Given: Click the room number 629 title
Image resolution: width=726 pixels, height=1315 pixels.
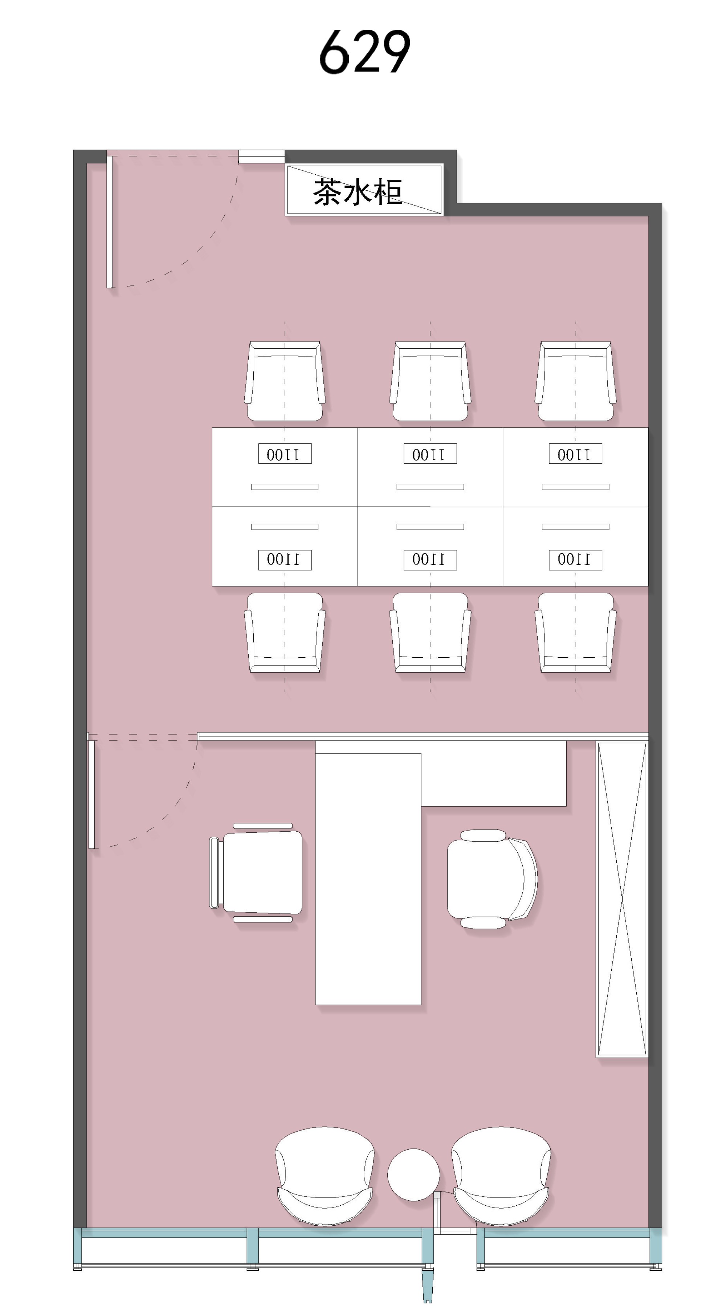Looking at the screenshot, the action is tap(364, 52).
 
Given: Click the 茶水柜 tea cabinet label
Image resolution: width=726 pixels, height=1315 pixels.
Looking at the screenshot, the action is tap(358, 192).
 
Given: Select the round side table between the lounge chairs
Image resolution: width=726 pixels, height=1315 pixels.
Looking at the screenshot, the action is tap(413, 1174).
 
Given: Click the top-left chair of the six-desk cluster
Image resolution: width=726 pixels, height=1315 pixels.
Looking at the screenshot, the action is tap(285, 381).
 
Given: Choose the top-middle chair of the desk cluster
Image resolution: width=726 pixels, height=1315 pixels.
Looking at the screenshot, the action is tap(430, 381).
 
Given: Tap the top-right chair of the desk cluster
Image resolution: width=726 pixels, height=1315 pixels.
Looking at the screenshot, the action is tap(575, 381).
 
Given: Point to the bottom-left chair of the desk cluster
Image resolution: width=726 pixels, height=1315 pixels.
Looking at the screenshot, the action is tap(285, 633).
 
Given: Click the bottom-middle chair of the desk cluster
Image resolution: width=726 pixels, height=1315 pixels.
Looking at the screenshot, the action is tap(430, 633).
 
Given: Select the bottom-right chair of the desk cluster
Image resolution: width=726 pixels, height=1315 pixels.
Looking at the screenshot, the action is tap(575, 633).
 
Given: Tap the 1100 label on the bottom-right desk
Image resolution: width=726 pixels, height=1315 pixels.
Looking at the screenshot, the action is tap(575, 560).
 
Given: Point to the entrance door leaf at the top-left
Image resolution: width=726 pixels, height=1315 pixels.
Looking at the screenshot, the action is tap(109, 222).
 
